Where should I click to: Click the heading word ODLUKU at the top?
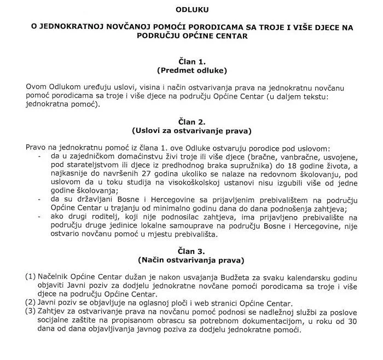click(x=191, y=10)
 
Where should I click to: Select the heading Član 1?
click(x=191, y=62)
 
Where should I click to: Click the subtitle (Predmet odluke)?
click(x=191, y=71)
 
